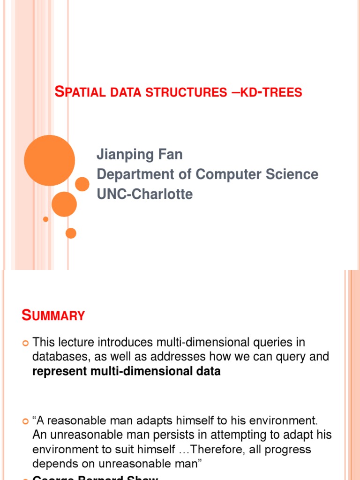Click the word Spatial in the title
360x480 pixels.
click(x=81, y=92)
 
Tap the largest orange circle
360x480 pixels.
click(x=49, y=160)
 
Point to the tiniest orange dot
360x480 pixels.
click(x=45, y=219)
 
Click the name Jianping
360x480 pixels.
click(x=123, y=154)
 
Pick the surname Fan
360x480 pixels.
click(x=171, y=154)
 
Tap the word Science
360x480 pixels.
click(x=291, y=174)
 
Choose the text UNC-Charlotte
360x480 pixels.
click(x=144, y=194)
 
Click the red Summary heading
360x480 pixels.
click(x=53, y=315)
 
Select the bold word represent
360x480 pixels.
click(x=59, y=372)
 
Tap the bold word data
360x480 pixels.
click(x=208, y=372)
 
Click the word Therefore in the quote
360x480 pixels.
click(x=216, y=450)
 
